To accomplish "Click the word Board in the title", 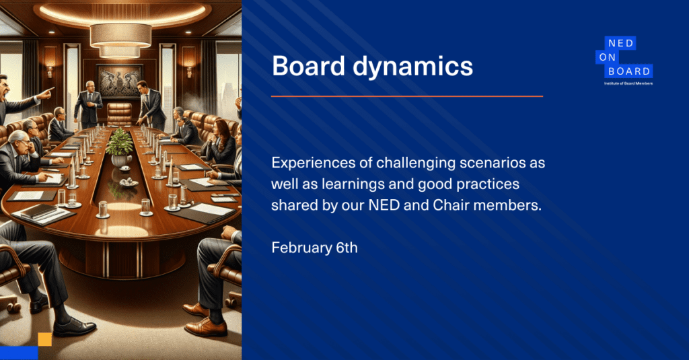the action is [308, 67].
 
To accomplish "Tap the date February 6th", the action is [315, 248].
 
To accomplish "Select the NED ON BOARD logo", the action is [624, 60].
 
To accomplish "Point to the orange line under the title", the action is [407, 96].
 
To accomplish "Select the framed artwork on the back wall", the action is [120, 81].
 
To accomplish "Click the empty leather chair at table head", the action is [120, 114].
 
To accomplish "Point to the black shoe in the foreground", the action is [74, 326].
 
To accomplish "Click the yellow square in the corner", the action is [45, 339].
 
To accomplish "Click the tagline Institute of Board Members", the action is [628, 83].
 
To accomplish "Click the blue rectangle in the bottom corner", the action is [19, 353].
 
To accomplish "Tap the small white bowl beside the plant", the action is [129, 182].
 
